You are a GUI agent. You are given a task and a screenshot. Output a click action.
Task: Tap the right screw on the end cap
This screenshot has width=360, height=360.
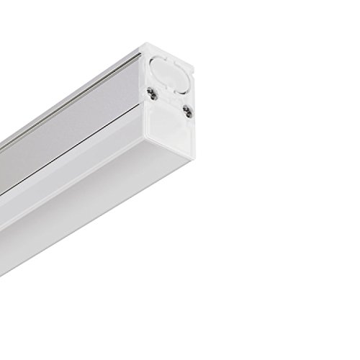(186, 110)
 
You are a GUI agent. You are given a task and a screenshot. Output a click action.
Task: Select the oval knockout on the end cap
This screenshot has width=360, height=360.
(172, 71)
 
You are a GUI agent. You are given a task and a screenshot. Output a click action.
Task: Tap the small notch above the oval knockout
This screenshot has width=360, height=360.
(166, 52)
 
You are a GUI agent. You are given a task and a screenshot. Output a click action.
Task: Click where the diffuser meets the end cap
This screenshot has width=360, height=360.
(148, 155)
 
